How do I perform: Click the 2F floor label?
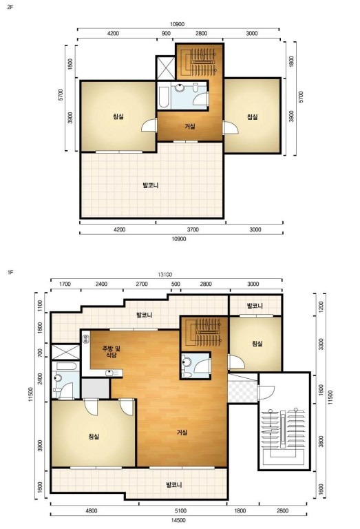point(10,7)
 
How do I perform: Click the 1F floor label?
point(10,272)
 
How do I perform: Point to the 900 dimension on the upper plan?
point(166,33)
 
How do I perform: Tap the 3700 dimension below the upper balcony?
point(193,230)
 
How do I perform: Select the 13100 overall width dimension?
point(165,275)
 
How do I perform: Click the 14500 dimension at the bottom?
point(179,520)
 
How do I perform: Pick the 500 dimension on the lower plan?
point(176,284)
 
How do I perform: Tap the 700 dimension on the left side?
point(41,353)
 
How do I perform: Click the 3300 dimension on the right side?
point(321,344)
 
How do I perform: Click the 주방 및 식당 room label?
point(112,352)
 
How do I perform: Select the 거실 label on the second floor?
point(190,127)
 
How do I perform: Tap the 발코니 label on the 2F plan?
point(150,185)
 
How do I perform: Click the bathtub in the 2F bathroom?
point(164,98)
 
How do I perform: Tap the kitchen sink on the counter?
point(109,373)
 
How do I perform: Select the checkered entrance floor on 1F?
point(242,391)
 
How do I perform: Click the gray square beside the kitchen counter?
point(96,388)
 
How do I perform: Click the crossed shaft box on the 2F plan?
point(166,68)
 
